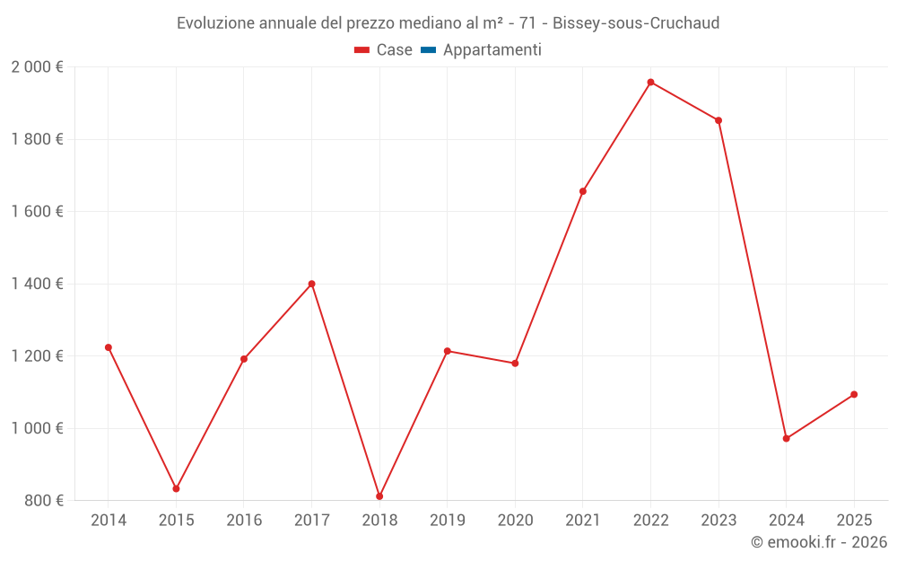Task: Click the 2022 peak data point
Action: [650, 83]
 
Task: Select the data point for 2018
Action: [379, 496]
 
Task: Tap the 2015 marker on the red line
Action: [176, 489]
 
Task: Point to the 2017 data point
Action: [311, 284]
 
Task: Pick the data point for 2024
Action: [786, 439]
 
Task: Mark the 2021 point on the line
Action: [583, 191]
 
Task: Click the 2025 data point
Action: [854, 394]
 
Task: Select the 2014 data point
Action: [109, 347]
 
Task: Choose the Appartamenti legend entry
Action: [492, 50]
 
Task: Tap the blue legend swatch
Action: [428, 50]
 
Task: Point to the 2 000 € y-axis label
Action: [37, 67]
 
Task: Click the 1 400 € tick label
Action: [37, 284]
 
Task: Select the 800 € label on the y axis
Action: [42, 500]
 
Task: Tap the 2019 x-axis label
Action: [447, 521]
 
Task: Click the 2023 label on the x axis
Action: [718, 521]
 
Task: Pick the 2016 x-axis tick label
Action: [244, 521]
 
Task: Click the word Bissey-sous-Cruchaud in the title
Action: [636, 23]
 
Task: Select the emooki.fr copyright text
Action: [819, 542]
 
